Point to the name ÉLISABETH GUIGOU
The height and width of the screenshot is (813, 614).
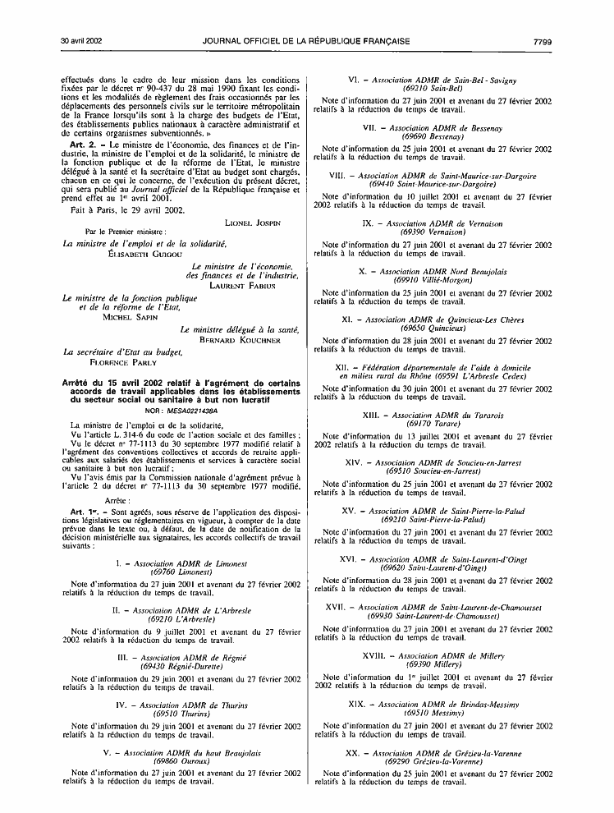(130, 255)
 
